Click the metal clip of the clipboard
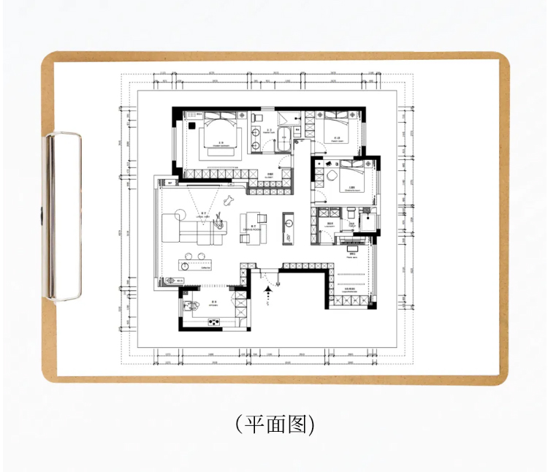[64, 216]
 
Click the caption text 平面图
[274, 425]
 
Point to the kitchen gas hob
[215, 321]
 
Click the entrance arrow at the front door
[268, 292]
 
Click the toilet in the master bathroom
[258, 118]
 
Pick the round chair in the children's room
[331, 176]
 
